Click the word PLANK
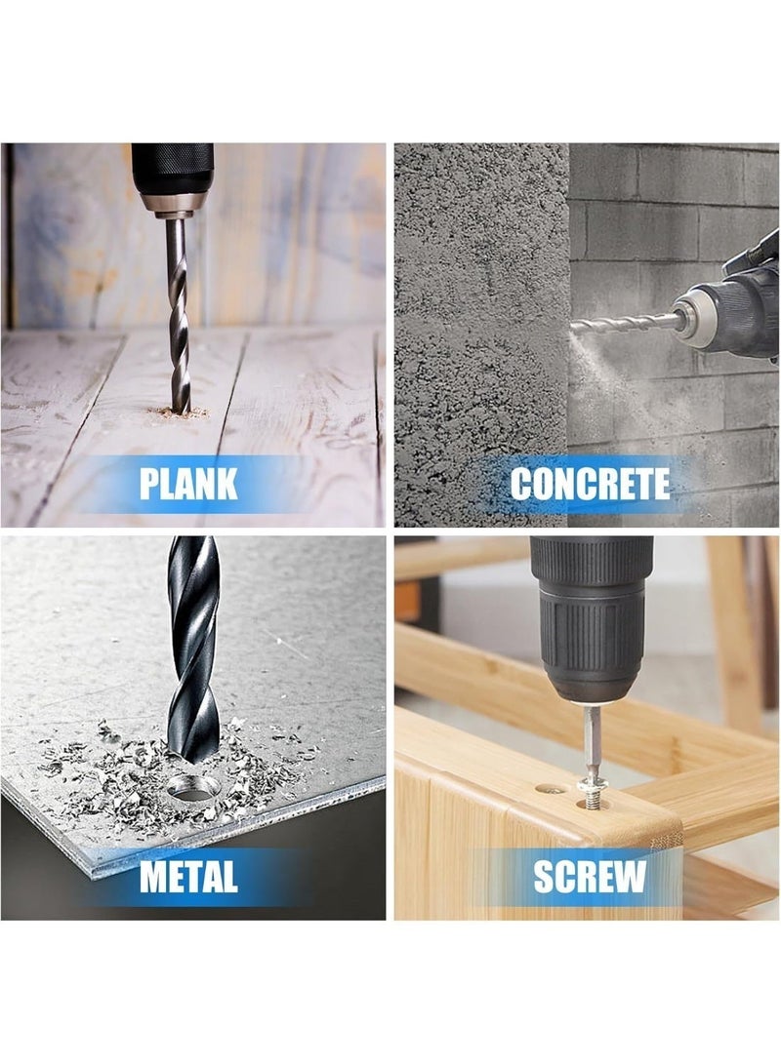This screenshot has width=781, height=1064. point(188,483)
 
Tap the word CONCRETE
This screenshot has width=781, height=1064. point(590,484)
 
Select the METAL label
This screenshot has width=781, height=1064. point(188,876)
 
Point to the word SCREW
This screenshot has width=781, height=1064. point(589,876)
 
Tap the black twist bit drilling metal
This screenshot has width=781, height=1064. point(193,654)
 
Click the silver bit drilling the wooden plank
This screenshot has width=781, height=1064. point(178,313)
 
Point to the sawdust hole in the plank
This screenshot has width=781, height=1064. point(181,412)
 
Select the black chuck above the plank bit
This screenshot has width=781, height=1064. point(172,177)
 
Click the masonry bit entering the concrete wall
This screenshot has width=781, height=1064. point(624,323)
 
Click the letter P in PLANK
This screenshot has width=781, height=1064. point(148,483)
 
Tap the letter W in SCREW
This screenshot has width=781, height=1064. point(630,876)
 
